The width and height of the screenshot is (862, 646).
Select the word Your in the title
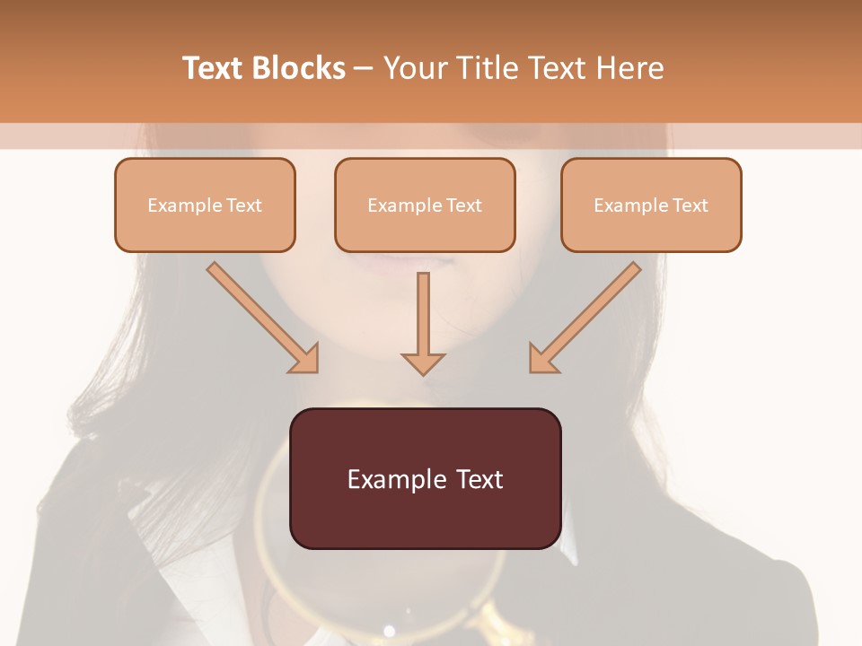(414, 68)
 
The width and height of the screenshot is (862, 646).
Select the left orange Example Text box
(205, 205)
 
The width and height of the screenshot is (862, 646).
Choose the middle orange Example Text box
(425, 205)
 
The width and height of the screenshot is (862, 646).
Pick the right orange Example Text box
(651, 205)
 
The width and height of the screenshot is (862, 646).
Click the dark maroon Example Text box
(425, 478)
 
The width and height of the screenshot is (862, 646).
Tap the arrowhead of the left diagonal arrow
(305, 359)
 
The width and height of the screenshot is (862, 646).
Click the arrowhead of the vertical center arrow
(423, 363)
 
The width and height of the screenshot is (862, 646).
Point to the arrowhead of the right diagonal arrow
(542, 359)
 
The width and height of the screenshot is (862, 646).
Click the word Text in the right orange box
(690, 205)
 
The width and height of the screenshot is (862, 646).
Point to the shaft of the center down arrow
(423, 310)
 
